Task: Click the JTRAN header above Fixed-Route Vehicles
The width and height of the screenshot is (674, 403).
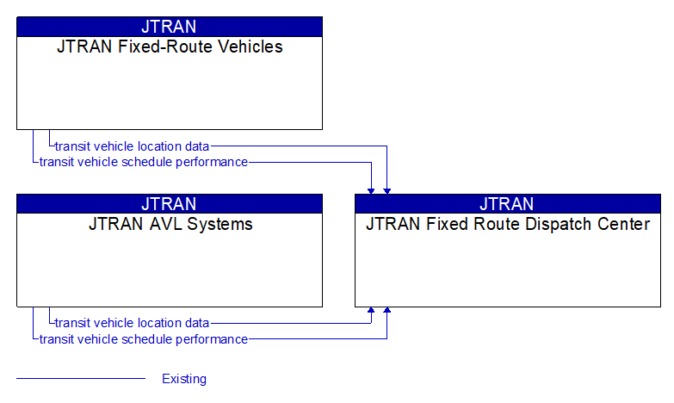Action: [169, 27]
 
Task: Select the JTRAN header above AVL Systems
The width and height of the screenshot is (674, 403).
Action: [169, 204]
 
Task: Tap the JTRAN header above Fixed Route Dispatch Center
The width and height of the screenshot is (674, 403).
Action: [507, 204]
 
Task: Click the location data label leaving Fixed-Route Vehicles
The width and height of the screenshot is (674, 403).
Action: [132, 146]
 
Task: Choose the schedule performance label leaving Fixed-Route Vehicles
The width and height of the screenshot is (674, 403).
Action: [144, 162]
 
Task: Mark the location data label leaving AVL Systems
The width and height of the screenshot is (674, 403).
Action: [132, 323]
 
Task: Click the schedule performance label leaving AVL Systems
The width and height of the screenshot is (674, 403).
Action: [144, 339]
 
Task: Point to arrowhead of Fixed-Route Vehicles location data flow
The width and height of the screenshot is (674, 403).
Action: [387, 189]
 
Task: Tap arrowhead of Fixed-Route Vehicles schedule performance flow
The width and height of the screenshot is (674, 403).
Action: [372, 189]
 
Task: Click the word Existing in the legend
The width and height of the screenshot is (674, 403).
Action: [184, 379]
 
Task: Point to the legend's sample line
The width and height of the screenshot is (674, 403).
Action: [81, 379]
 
